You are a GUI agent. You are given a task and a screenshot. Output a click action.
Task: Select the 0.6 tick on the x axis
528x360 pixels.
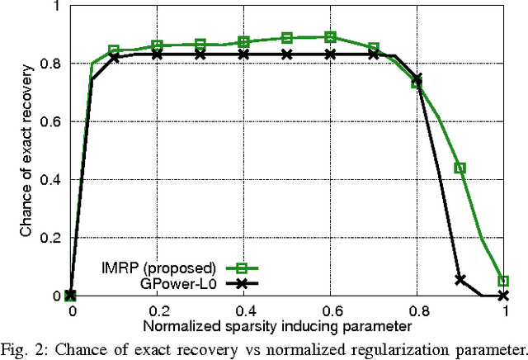331,308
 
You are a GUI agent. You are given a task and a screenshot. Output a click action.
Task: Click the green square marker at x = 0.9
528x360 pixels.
460,168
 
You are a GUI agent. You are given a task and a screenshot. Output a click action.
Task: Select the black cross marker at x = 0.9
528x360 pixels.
460,279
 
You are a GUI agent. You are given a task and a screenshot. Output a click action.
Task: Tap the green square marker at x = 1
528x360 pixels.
503,281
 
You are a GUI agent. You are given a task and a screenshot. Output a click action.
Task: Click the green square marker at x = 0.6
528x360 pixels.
331,37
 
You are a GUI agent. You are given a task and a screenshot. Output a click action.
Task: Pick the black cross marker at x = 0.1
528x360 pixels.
114,57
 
